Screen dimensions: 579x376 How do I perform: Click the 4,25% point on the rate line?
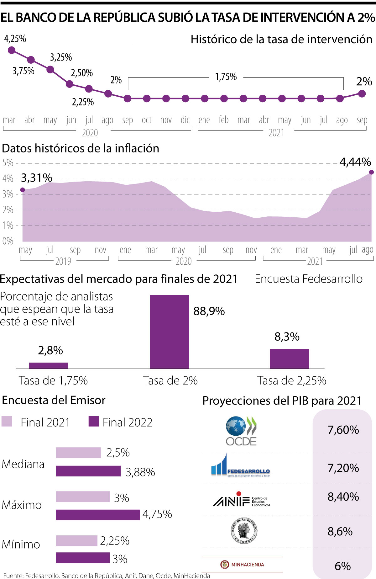[12, 50]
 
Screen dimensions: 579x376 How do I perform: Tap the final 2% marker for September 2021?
[362, 93]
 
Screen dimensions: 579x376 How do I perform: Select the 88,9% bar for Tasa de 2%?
[169, 332]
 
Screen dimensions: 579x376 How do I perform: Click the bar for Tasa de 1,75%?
[49, 366]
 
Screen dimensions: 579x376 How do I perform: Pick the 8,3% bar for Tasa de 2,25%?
[289, 359]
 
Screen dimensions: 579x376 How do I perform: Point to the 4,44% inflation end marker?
[371, 172]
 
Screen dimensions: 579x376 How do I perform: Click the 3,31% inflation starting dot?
[23, 190]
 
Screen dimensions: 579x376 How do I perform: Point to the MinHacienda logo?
[242, 565]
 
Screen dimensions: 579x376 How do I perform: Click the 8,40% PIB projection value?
[343, 497]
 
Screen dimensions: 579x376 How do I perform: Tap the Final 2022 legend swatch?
[94, 421]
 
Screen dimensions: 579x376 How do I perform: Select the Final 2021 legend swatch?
[7, 421]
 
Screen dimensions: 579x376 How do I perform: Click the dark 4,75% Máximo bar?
[98, 515]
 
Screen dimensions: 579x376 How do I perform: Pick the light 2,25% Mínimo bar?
[76, 540]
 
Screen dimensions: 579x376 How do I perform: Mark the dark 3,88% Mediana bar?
[88, 471]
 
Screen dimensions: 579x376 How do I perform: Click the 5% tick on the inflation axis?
[8, 163]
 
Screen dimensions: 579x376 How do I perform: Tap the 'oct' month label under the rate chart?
[147, 120]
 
